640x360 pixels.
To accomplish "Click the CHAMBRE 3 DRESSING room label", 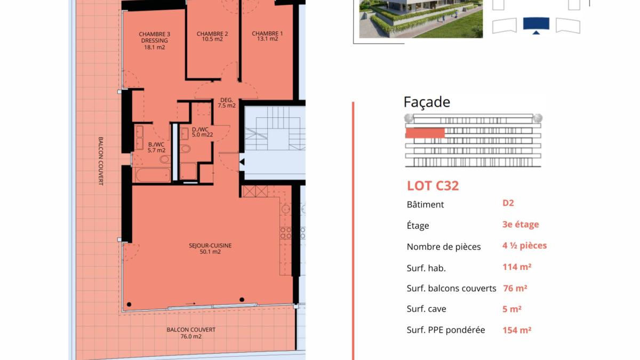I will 154,41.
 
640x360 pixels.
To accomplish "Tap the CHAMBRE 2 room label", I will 212,36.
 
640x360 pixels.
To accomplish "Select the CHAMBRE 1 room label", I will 267,36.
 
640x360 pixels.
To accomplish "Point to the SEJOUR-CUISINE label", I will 210,249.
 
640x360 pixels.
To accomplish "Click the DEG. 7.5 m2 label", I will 227,102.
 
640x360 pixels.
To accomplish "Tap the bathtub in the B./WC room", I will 152,175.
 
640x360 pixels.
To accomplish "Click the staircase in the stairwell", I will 269,128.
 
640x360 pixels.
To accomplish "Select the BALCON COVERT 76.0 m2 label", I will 183,333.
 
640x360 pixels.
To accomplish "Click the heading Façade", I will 427,102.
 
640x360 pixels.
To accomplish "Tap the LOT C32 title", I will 433,186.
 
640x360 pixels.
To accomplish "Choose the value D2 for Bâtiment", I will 508,203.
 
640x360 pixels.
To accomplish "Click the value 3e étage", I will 521,225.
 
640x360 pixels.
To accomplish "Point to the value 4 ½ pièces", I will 524,246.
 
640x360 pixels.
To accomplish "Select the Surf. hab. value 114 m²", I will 516,267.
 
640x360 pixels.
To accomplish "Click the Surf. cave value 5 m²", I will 511,309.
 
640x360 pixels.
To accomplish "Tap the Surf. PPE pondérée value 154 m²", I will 516,330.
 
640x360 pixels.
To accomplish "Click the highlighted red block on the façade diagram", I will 425,133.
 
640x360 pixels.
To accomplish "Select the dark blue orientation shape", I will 536,25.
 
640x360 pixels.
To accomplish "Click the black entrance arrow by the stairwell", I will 242,162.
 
